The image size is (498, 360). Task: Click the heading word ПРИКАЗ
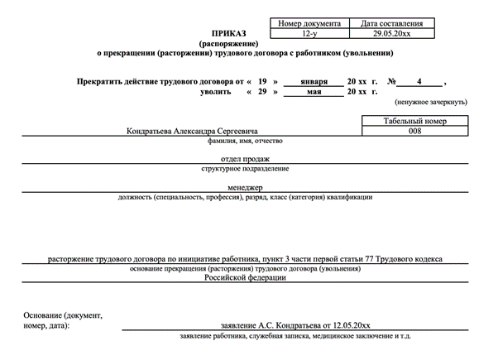pos(229,33)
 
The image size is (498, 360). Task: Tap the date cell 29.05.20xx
pos(391,33)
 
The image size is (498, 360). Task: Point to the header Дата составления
pos(391,23)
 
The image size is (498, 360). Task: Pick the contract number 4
pos(419,82)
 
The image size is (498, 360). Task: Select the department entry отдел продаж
pos(245,159)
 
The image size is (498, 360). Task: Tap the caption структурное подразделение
pos(245,169)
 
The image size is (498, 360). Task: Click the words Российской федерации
pos(246,278)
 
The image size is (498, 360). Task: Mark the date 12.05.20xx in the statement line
pos(351,326)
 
